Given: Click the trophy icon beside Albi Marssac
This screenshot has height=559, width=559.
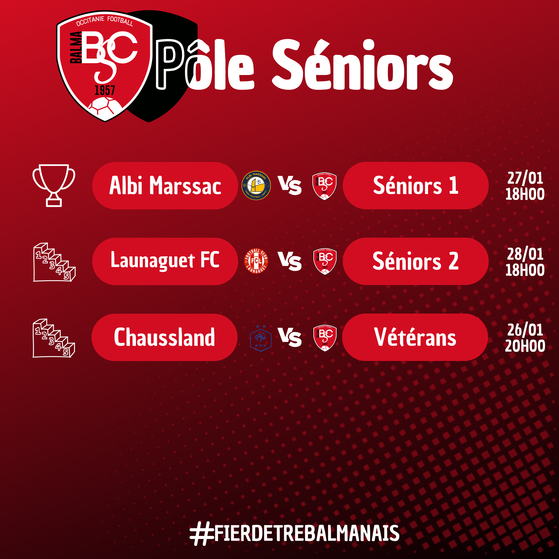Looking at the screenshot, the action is pos(54,185).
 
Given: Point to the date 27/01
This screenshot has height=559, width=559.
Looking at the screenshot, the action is pos(525,178).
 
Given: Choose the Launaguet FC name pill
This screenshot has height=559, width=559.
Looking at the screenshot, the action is pos(165,261).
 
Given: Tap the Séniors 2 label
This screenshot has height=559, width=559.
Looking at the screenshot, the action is pos(416,261).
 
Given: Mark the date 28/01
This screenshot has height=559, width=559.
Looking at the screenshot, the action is pos(525,254).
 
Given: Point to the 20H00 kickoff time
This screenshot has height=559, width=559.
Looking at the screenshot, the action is pos(525,346).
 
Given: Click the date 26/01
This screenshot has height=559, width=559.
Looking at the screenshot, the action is pos(525,330).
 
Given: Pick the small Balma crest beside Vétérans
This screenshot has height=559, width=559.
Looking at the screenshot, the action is pos(325,338).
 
